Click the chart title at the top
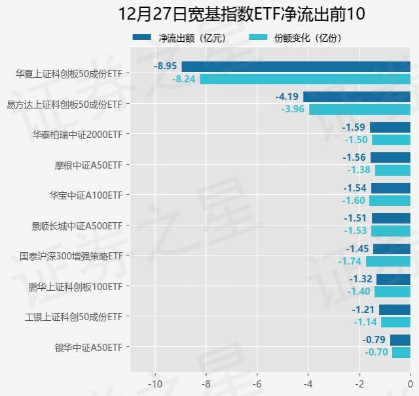point(242,14)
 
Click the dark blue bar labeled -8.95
point(296,66)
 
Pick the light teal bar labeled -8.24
point(305,79)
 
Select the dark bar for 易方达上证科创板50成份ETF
point(357,97)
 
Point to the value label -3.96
point(293,109)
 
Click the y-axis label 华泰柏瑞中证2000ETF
point(77,135)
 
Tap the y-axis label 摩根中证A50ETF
point(88,165)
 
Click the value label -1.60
point(355,201)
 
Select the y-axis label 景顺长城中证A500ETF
point(77,225)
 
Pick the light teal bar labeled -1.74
point(388,261)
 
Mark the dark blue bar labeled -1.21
point(395,310)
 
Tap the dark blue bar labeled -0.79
point(400,340)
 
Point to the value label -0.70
point(377,352)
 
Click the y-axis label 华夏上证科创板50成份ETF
point(69,74)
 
